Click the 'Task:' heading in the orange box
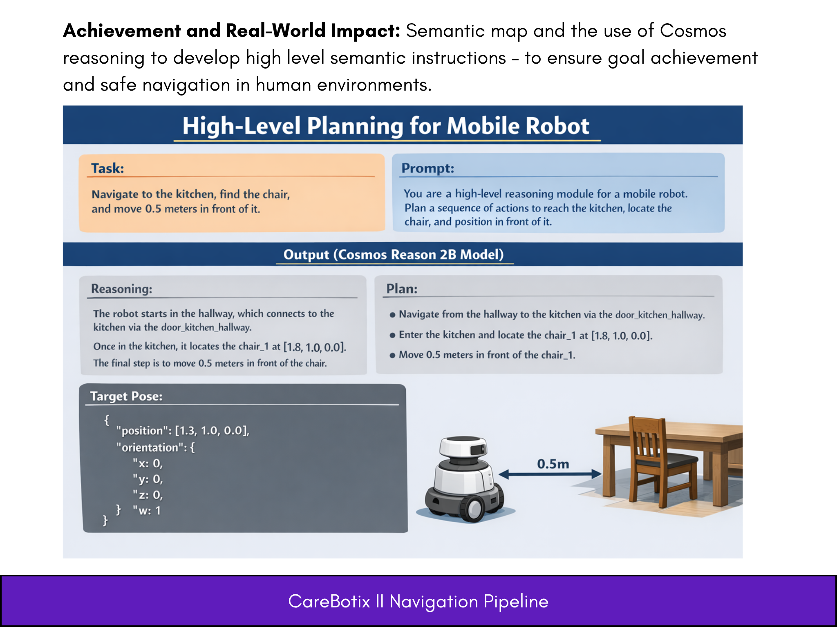[107, 168]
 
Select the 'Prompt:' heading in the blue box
[427, 168]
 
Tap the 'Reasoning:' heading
[122, 289]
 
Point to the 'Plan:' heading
[402, 289]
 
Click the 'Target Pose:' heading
[126, 396]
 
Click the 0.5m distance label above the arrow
[553, 464]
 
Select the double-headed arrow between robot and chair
[550, 474]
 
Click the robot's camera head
[463, 447]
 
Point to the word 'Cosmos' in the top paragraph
[693, 31]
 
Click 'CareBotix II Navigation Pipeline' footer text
[418, 601]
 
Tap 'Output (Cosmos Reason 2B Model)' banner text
[394, 254]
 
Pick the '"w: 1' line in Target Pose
[147, 510]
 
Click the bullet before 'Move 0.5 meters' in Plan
[392, 355]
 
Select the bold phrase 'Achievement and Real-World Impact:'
[232, 31]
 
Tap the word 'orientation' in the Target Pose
[150, 447]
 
